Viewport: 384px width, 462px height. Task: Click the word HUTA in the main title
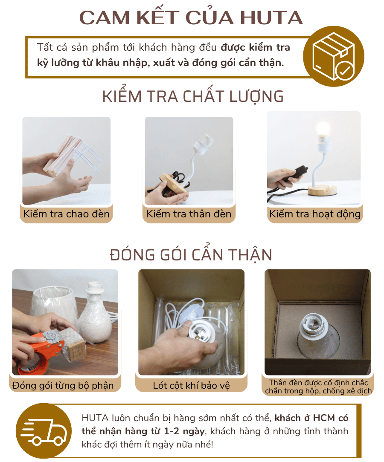271,18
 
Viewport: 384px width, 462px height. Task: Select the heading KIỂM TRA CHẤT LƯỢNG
193,96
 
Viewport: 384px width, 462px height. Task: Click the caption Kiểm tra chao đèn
67,214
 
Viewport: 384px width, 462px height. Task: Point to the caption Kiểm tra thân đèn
189,214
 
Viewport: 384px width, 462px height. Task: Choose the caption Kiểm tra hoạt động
315,214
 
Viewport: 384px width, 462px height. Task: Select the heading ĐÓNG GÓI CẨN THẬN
191,254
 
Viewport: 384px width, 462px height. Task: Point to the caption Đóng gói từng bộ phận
63,386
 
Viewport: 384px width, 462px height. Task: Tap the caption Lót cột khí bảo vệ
191,386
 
